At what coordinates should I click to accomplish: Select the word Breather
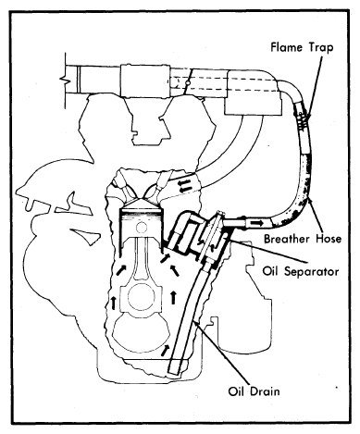[x=288, y=239]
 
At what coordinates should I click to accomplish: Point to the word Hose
[x=329, y=239]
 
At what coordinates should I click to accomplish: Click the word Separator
[x=311, y=271]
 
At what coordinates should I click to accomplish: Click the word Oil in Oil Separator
[x=271, y=271]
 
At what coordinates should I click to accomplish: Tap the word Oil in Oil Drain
[x=237, y=391]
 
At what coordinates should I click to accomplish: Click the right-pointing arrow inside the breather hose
[x=256, y=222]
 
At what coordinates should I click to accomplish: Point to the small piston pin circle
[x=142, y=228]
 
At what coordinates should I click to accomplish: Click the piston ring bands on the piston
[x=141, y=215]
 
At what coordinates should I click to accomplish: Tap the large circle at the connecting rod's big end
[x=142, y=299]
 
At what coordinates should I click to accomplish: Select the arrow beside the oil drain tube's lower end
[x=166, y=351]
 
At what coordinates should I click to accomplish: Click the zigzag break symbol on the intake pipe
[x=65, y=81]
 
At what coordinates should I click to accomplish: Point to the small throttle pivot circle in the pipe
[x=186, y=83]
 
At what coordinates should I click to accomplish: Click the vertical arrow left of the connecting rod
[x=114, y=303]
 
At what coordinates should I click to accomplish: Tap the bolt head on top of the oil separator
[x=220, y=214]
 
